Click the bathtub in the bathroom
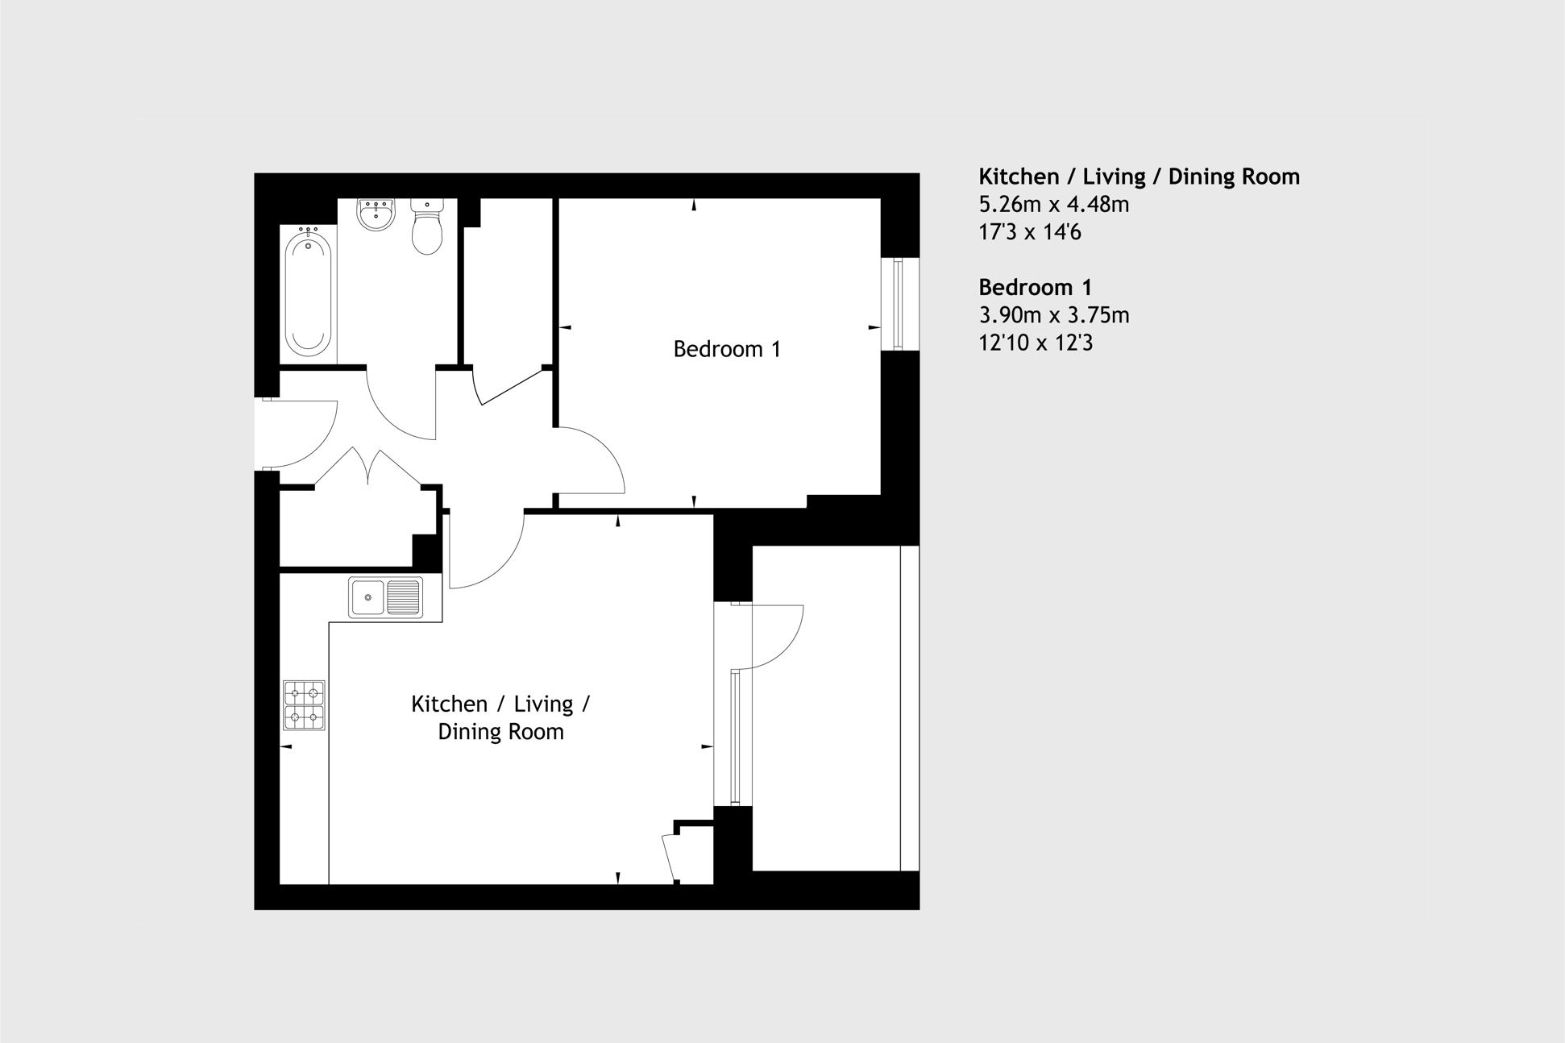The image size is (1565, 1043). pos(308,293)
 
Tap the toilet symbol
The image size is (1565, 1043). pos(426,227)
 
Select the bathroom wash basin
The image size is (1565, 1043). pos(376,214)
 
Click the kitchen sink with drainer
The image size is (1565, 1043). pos(385,597)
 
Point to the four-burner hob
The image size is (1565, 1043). pos(304,705)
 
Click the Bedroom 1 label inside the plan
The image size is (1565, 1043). pos(726,349)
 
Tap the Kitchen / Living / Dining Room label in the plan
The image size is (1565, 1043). pos(500,717)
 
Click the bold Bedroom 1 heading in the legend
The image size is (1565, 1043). pos(1035,287)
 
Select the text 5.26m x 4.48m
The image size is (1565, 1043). pos(1053,204)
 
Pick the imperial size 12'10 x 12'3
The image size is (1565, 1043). pos(1035,343)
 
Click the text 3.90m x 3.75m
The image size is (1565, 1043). pos(1053,315)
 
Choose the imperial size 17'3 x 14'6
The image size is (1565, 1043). pos(1029,232)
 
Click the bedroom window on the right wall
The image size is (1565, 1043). pos(899,304)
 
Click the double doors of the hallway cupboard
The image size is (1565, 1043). pos(368,467)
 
